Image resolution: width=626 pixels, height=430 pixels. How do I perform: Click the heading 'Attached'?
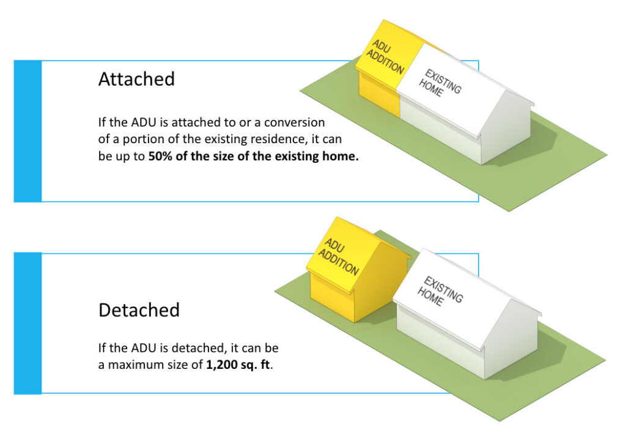(x=136, y=79)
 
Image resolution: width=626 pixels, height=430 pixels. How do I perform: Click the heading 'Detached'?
(x=139, y=310)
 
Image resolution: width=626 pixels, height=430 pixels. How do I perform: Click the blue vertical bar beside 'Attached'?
(x=28, y=131)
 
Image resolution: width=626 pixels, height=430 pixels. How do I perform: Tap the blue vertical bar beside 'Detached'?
(x=28, y=323)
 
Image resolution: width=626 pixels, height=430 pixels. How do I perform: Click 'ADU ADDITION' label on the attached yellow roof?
(x=387, y=57)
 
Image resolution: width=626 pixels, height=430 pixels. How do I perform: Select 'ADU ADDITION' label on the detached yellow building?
(x=342, y=256)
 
